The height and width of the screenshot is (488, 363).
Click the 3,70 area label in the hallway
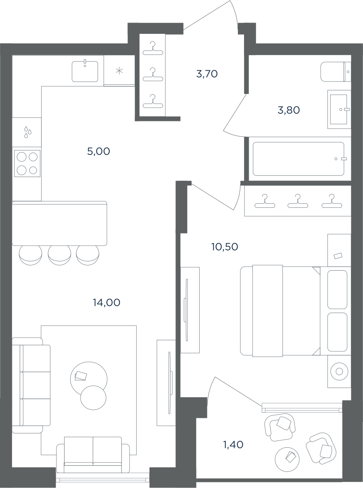(207, 74)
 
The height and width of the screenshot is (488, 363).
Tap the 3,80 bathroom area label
(289, 110)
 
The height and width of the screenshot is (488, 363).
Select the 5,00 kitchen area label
(98, 151)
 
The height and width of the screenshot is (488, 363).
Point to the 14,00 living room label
(106, 302)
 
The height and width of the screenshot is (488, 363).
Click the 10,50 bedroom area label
(225, 247)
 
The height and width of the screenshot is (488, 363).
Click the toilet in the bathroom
(336, 72)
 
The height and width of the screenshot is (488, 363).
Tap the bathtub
(298, 158)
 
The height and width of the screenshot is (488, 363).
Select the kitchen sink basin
(85, 71)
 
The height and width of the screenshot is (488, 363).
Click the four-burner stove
(27, 163)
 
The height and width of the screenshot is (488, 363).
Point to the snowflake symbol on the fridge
(119, 71)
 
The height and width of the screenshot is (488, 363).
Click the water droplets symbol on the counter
(28, 132)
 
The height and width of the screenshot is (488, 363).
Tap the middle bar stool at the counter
(59, 255)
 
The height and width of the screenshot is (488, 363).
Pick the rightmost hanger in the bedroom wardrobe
(332, 201)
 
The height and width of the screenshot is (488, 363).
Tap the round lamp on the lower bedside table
(339, 371)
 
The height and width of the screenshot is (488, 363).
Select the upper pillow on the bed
(337, 289)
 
